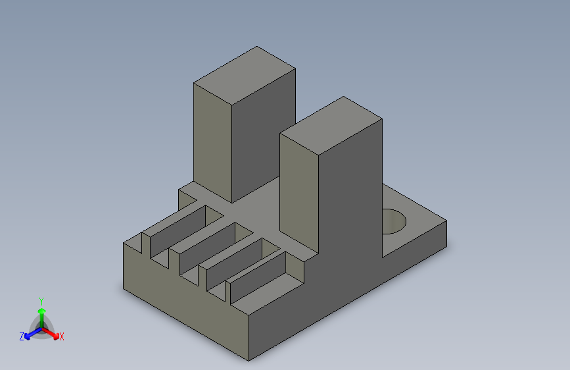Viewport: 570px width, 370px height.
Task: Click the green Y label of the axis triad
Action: pyautogui.click(x=41, y=302)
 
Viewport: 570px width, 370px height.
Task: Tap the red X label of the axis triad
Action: pyautogui.click(x=61, y=336)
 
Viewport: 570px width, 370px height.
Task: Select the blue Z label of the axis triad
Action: pyautogui.click(x=22, y=336)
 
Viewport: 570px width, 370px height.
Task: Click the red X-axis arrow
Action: pyautogui.click(x=51, y=333)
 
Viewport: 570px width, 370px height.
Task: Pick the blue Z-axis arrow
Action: pyautogui.click(x=33, y=333)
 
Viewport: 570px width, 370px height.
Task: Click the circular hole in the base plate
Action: pyautogui.click(x=394, y=221)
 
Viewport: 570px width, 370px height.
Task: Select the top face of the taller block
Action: pyautogui.click(x=245, y=76)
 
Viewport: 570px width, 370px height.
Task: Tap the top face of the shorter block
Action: pyautogui.click(x=331, y=126)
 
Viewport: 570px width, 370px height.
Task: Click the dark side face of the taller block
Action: pyautogui.click(x=264, y=135)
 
